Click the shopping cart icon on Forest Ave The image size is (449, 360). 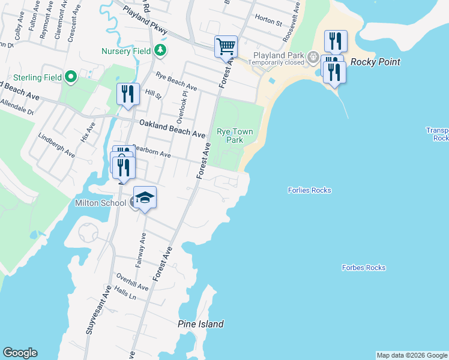[226, 46]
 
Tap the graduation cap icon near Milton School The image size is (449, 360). [145, 196]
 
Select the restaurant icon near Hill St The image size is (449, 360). [128, 94]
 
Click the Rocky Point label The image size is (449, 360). [375, 62]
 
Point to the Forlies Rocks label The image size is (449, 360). [310, 190]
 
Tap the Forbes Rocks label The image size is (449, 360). [364, 268]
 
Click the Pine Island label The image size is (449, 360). [200, 324]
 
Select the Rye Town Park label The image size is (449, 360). [235, 136]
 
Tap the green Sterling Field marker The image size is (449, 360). [70, 77]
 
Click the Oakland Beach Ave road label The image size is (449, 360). [172, 128]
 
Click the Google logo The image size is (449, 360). [20, 353]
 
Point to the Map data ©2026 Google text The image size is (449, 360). [412, 355]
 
